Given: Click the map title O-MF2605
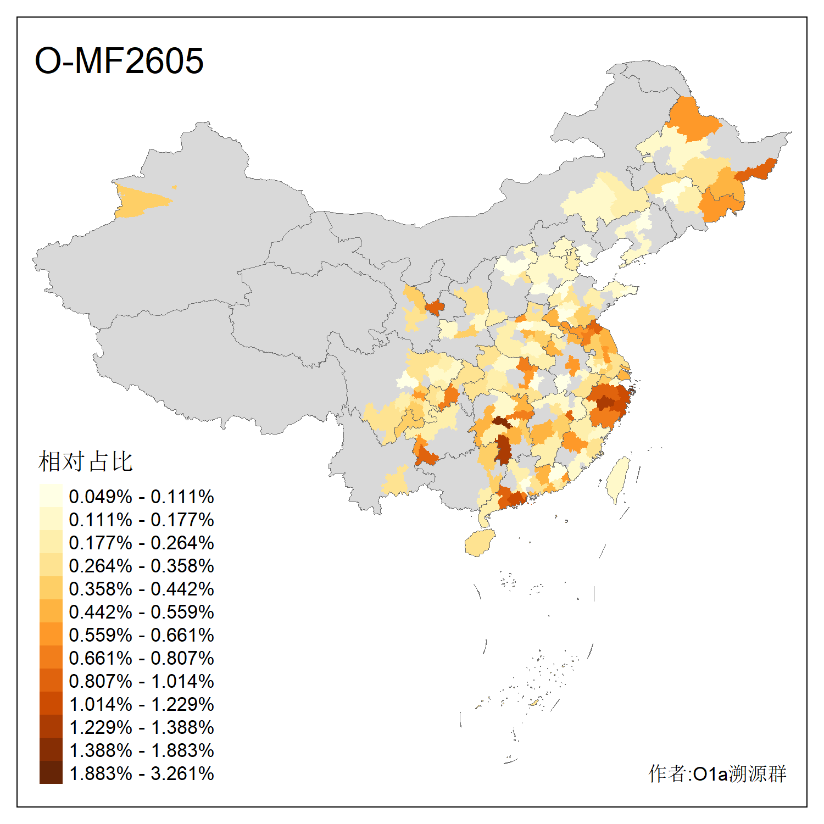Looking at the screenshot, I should pos(119,60).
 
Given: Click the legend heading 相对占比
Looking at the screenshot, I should pos(85,461).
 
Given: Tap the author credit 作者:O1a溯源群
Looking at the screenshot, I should pos(717,773).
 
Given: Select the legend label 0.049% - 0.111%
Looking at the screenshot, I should pos(141,497).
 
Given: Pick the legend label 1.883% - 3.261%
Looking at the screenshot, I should pos(141,773).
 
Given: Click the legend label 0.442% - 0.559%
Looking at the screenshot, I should pos(141,612).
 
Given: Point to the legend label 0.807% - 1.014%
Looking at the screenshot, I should pos(141,681).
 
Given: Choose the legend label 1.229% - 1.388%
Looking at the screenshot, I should pos(141,727).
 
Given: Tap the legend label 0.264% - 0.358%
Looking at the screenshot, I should pos(141,566).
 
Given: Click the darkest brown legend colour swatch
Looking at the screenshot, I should pos(51,772).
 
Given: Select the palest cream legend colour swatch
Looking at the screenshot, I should pos(51,495).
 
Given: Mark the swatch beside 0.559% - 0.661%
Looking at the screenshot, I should pos(51,634).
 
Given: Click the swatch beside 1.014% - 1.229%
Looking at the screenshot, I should pos(51,703).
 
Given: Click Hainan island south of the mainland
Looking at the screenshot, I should pos(480,543).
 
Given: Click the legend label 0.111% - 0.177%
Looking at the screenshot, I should pos(141,520).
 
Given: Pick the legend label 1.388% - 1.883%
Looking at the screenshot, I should pos(141,750).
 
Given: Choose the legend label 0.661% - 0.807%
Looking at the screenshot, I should pos(141,658).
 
